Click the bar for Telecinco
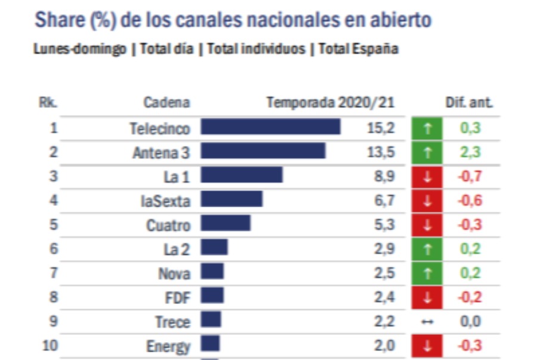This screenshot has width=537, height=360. [270, 127]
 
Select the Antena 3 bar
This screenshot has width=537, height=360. [263, 151]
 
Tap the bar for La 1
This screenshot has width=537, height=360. [241, 175]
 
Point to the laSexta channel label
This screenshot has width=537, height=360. [165, 201]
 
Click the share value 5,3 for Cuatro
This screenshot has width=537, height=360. [384, 224]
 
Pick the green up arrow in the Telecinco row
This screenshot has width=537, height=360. [427, 128]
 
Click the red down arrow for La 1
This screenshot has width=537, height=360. [427, 176]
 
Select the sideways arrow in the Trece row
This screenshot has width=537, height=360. [427, 322]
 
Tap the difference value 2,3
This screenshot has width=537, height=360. [470, 152]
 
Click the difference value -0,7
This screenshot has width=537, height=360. [469, 176]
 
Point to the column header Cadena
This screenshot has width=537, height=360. [166, 103]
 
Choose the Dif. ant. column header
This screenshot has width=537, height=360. [469, 103]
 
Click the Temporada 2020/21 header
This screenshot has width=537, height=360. [330, 103]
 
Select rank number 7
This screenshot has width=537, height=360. [53, 273]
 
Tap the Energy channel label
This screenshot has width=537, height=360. [168, 346]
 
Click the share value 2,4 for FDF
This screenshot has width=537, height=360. [384, 297]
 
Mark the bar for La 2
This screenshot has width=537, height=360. [214, 248]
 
